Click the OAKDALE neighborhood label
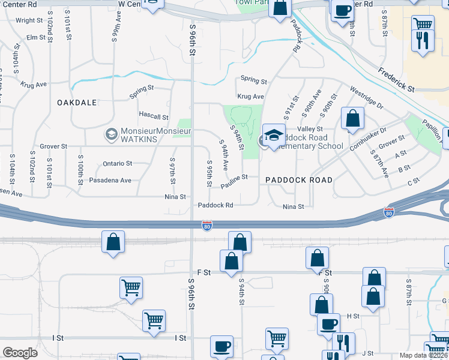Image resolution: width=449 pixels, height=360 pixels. (77, 103)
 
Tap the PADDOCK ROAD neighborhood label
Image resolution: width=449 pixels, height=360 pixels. (299, 179)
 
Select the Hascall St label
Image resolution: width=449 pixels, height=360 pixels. (154, 117)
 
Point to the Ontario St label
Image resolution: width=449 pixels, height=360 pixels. (118, 163)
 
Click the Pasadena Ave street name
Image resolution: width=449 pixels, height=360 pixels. (110, 180)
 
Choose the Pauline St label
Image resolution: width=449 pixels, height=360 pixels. (234, 181)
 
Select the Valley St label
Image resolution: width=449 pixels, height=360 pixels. (311, 129)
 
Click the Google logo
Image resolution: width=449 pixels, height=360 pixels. (20, 353)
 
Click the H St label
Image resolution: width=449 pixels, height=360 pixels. (353, 316)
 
